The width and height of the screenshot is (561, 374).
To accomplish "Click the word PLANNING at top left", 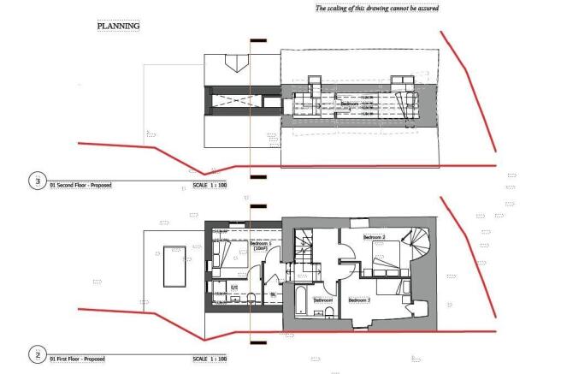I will [118, 26].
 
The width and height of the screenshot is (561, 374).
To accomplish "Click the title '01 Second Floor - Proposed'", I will [81, 186].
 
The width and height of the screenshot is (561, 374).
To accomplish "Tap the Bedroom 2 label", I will [375, 237].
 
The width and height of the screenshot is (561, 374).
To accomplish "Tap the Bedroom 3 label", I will [359, 300].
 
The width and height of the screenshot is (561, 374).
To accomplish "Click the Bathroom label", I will [323, 300].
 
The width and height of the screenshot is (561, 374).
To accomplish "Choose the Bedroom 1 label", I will [261, 245].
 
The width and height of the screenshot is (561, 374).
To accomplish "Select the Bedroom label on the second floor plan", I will [351, 103].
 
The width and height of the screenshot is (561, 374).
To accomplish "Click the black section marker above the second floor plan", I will [258, 40].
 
